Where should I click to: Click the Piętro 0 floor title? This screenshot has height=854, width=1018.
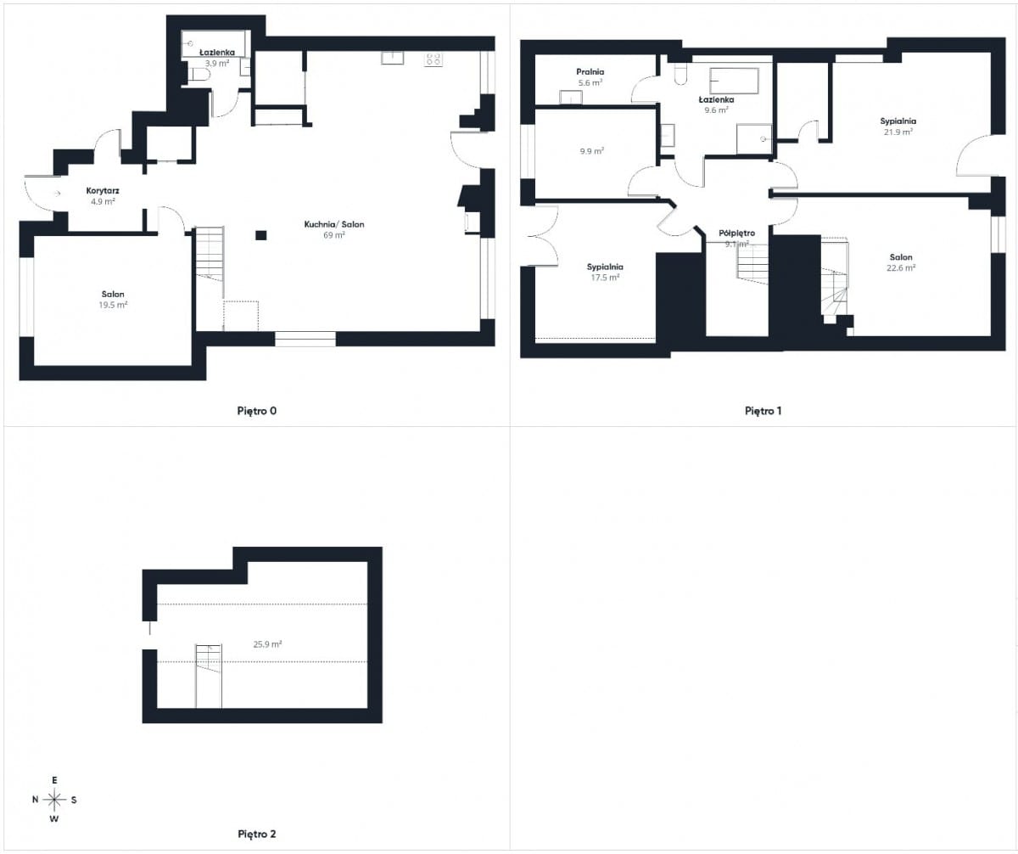point(257,411)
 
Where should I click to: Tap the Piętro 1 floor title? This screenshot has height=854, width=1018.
point(763,411)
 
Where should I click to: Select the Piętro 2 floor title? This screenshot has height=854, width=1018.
point(257,834)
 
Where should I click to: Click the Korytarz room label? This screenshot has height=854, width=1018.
point(103,191)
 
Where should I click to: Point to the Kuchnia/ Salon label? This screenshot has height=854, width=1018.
point(334,224)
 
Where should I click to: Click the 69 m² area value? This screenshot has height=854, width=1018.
point(334,235)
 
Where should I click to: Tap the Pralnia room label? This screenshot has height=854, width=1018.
point(590,72)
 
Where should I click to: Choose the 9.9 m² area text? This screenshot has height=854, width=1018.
point(591,151)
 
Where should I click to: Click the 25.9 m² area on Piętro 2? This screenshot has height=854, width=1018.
point(267,644)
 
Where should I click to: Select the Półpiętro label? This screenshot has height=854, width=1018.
point(736,233)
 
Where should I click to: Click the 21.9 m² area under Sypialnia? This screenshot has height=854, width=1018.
point(898,132)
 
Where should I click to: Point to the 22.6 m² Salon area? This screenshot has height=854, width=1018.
point(900,268)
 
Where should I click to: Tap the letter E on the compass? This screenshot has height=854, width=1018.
point(54,780)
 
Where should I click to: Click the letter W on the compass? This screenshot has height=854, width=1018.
point(54,819)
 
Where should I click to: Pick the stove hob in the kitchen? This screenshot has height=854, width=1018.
point(433,59)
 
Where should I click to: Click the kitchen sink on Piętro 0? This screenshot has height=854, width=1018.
point(393,58)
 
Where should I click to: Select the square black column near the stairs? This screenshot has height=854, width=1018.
point(261,235)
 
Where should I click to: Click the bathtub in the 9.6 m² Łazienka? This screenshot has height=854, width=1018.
point(735,81)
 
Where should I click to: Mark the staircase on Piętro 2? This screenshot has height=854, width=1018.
point(209,676)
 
